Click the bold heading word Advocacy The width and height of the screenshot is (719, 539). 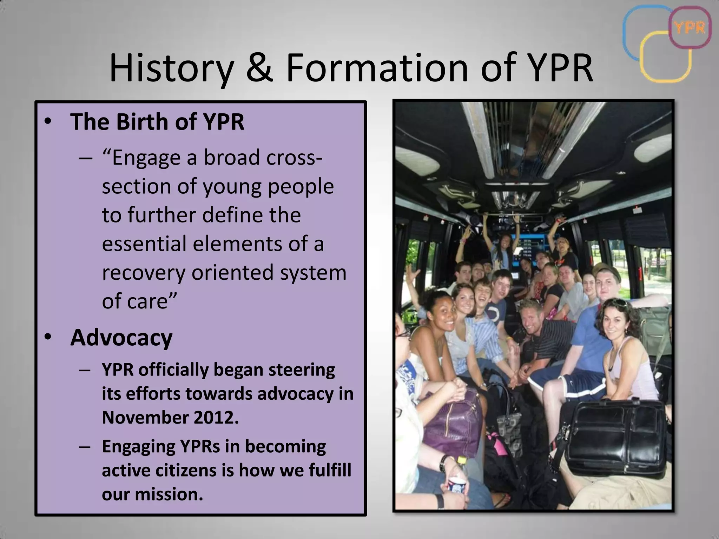coord(121,338)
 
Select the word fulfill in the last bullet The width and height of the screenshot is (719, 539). coord(330,470)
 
